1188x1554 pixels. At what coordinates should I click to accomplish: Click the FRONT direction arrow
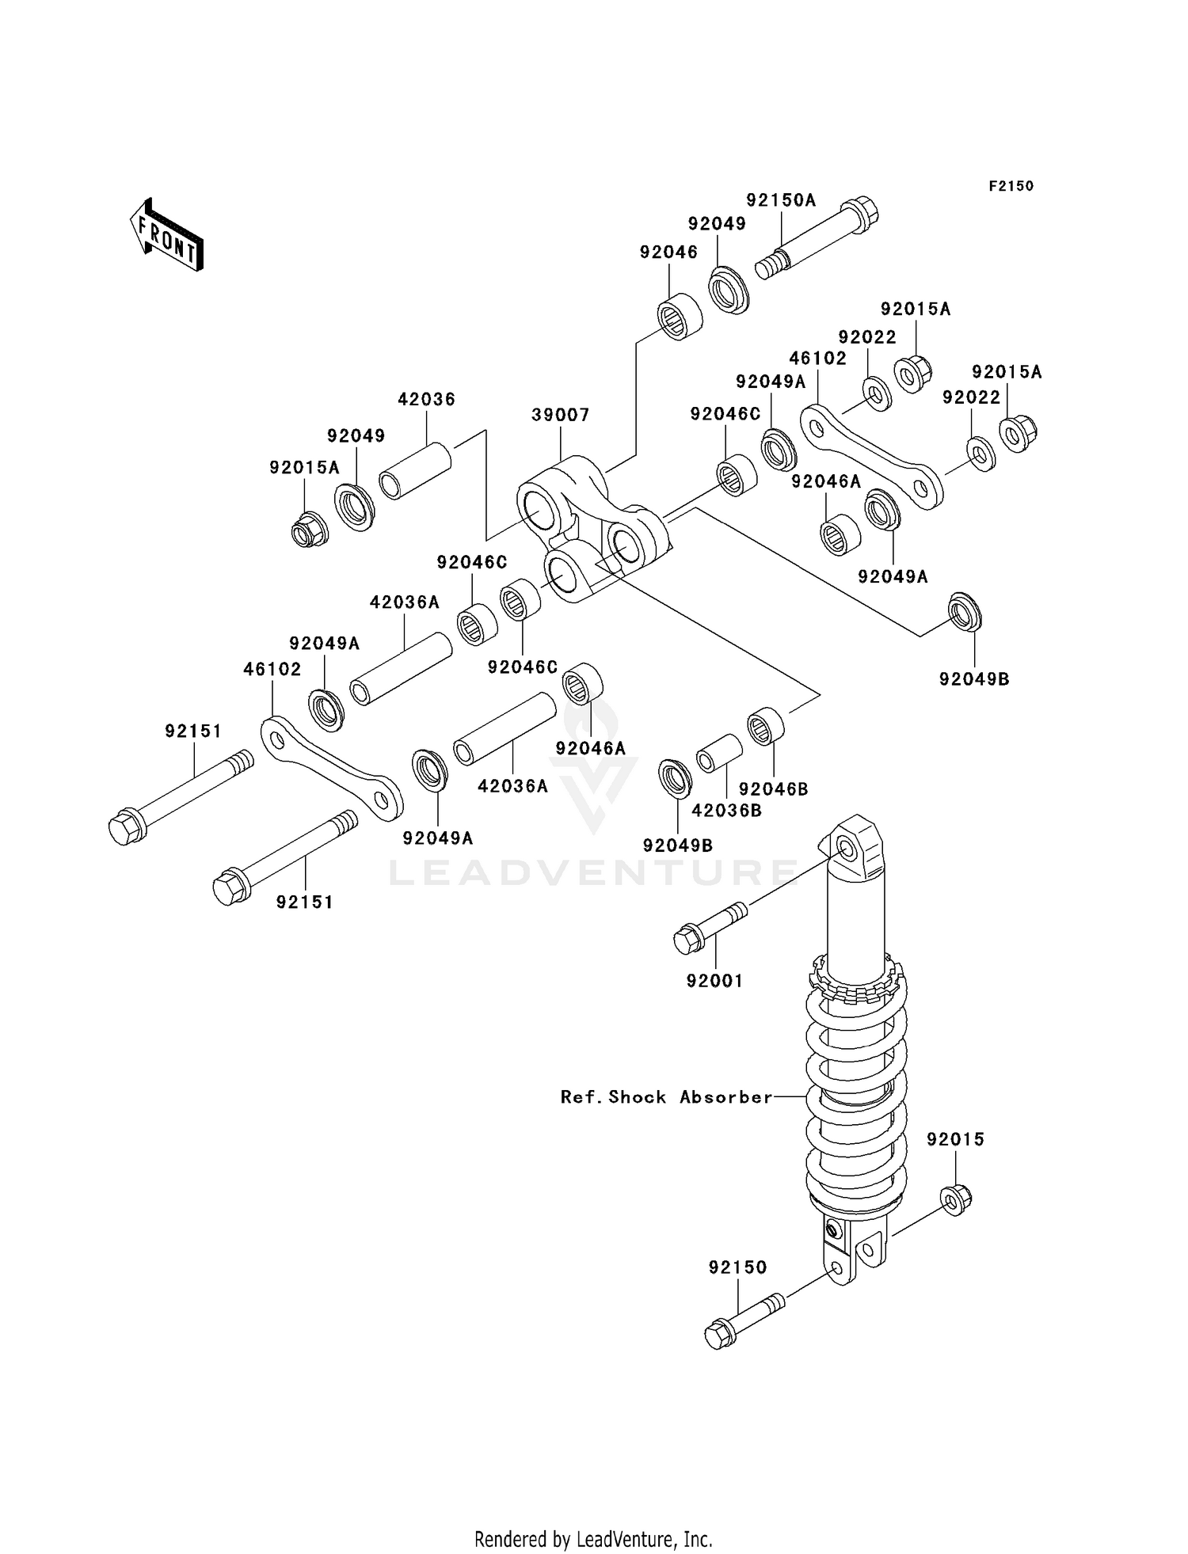point(166,236)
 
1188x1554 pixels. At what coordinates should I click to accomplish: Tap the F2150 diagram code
point(1011,186)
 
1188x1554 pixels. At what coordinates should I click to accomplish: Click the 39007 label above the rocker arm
point(560,415)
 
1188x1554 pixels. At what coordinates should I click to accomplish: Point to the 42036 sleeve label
point(426,399)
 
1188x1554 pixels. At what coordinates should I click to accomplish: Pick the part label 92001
point(714,981)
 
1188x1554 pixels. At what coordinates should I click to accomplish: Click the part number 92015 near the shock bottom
point(955,1139)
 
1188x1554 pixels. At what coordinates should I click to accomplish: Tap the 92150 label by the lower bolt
point(737,1267)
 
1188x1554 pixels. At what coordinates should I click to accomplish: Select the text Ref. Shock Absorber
point(666,1097)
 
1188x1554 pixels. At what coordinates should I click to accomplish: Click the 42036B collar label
point(726,811)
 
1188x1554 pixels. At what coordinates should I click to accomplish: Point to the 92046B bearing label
point(773,789)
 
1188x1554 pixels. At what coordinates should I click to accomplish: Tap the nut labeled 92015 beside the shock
point(957,1200)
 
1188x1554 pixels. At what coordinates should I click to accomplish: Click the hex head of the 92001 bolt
point(685,941)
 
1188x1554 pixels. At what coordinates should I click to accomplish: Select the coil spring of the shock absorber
point(856,1092)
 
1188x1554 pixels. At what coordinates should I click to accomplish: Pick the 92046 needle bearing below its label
point(680,317)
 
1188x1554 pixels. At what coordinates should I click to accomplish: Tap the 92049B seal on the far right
point(964,611)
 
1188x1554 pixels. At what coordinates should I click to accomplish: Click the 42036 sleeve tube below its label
point(415,473)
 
